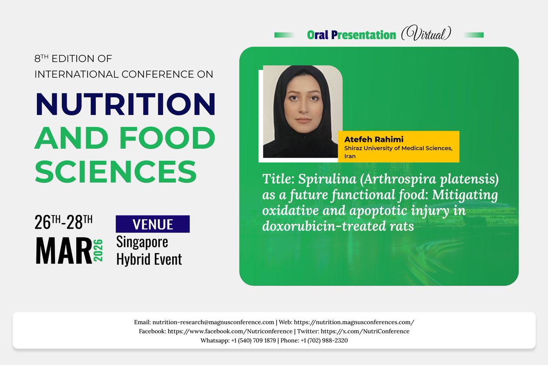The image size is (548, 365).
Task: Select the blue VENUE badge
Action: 153,224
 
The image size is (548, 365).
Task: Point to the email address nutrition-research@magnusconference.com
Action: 213,322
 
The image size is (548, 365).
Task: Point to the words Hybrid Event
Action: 149,259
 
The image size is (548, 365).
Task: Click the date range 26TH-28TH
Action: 64,222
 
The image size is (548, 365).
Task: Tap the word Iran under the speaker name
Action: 350,156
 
